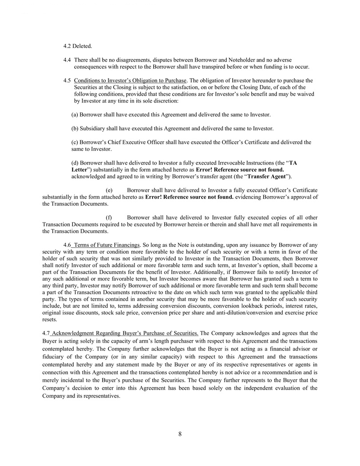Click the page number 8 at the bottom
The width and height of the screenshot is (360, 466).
[x=180, y=434]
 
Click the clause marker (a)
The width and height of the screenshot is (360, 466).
[x=75, y=115]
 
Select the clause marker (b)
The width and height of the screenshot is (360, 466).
[x=75, y=129]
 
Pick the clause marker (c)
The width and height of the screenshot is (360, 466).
[x=75, y=142]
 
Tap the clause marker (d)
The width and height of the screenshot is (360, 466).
[x=75, y=163]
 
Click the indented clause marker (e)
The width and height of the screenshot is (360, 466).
[x=109, y=190]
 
